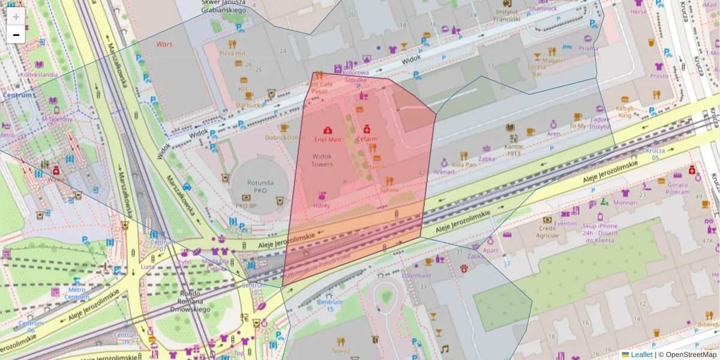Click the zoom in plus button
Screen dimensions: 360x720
pyautogui.click(x=16, y=17)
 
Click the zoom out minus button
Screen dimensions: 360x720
pyautogui.click(x=16, y=35)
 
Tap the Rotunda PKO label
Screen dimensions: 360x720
pyautogui.click(x=260, y=187)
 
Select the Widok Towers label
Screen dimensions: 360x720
pyautogui.click(x=322, y=160)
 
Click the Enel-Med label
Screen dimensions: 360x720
pyautogui.click(x=328, y=139)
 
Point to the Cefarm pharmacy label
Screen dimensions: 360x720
pyautogui.click(x=367, y=139)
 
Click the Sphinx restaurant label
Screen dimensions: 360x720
pyautogui.click(x=389, y=190)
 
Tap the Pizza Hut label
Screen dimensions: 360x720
pyautogui.click(x=232, y=53)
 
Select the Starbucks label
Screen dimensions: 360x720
pyautogui.click(x=250, y=104)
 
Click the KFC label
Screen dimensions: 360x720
pyautogui.click(x=244, y=89)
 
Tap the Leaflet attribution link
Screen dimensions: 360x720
pyautogui.click(x=641, y=355)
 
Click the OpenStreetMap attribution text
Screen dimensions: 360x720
pyautogui.click(x=690, y=355)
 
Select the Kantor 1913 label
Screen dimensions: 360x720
pyautogui.click(x=514, y=149)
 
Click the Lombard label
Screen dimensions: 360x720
pyautogui.click(x=416, y=275)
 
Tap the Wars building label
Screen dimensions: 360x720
pyautogui.click(x=164, y=44)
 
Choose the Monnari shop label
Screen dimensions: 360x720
pyautogui.click(x=625, y=203)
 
